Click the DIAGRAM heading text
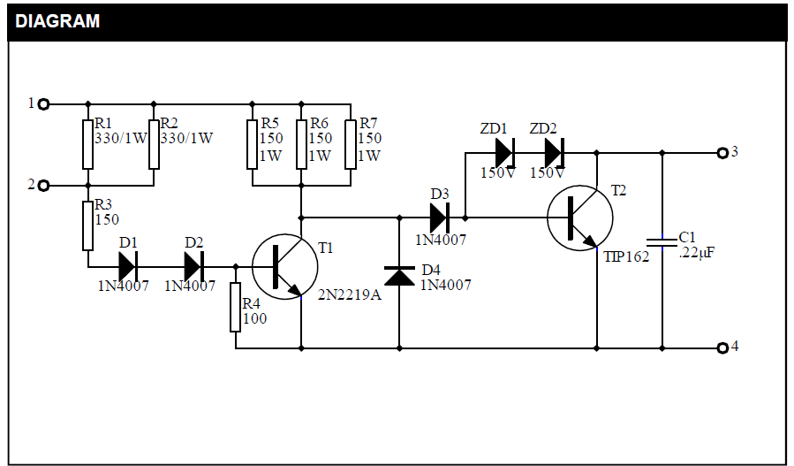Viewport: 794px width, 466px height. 58,21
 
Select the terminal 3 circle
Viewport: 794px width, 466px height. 722,153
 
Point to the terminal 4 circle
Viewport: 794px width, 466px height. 722,348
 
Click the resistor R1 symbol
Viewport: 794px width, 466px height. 87,144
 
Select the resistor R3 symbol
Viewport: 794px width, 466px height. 87,225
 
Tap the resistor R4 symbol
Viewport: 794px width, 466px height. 236,307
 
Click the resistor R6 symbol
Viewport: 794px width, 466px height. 301,144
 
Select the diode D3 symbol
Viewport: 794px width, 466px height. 440,217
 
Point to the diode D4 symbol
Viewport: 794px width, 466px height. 401,277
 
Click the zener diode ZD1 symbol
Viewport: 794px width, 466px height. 504,153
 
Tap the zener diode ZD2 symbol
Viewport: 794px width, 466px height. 554,153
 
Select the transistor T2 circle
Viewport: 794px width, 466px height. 579,217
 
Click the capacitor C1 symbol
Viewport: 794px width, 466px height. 662,242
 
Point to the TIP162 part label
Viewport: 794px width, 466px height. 626,256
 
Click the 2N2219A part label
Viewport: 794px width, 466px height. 350,294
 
